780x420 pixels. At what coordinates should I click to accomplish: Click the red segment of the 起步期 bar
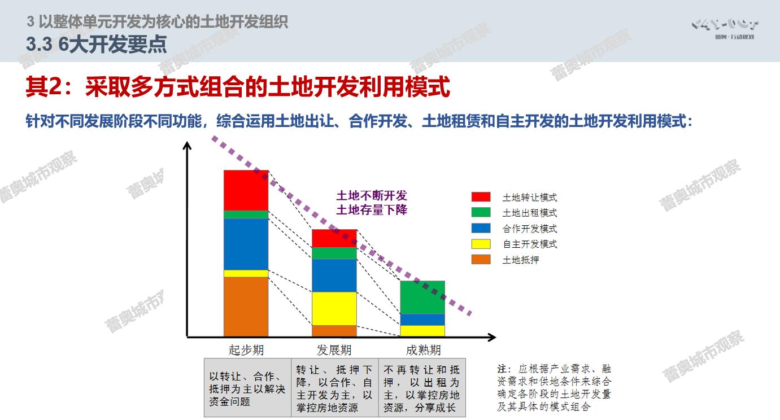coord(246,190)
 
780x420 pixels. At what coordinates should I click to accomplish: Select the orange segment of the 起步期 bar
coord(246,307)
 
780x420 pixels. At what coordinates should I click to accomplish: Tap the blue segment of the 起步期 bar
coord(246,244)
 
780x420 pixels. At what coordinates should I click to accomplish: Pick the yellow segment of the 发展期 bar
coord(334,309)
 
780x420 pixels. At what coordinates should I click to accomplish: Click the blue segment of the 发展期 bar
coord(334,275)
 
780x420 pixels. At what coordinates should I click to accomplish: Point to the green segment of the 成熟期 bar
coord(422,297)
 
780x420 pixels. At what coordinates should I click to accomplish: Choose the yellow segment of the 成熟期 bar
coord(422,331)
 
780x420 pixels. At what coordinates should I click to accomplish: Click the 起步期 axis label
coord(246,349)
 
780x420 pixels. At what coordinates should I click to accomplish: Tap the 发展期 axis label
coord(334,349)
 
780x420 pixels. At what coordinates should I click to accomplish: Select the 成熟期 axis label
coord(423,349)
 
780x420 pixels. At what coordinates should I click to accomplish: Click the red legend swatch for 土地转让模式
coord(481,196)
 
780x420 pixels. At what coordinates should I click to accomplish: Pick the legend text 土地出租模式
coord(530,213)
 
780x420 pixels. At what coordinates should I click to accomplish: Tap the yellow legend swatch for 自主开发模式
coord(481,244)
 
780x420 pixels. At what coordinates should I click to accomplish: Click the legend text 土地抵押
coord(521,260)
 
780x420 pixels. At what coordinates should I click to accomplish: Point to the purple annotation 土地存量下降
coord(372,210)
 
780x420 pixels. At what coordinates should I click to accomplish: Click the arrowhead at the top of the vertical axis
coord(187,146)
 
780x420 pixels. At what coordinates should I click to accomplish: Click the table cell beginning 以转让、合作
coord(247,388)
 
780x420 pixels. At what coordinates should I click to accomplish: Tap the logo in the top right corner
coord(725,29)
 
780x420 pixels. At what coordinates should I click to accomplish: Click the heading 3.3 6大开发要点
coord(97,45)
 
